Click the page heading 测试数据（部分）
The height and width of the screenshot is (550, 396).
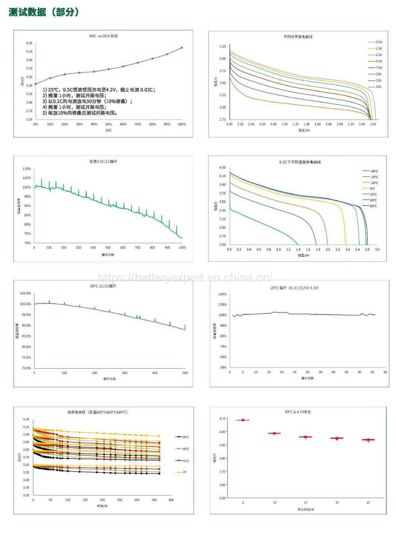coord(44,12)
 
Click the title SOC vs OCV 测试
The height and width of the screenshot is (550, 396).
coord(103,36)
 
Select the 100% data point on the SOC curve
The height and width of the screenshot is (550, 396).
coord(182,48)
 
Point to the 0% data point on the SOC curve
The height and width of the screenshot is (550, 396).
coord(35,84)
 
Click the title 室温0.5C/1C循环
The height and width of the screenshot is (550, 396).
coord(103,162)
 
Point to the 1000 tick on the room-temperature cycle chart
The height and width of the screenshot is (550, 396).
coord(182,248)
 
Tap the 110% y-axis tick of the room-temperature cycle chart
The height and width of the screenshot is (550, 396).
coord(27,169)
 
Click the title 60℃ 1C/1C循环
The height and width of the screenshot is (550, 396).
coord(103,286)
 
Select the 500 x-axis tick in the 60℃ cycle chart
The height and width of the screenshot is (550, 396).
coord(185,373)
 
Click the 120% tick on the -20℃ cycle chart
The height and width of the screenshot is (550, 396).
coord(223,294)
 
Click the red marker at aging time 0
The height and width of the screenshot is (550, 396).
coord(243,420)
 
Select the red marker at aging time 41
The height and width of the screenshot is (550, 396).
coord(368,440)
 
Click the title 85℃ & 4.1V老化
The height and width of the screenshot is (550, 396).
coord(298,412)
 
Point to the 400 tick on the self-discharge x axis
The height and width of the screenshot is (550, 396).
coord(171,500)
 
